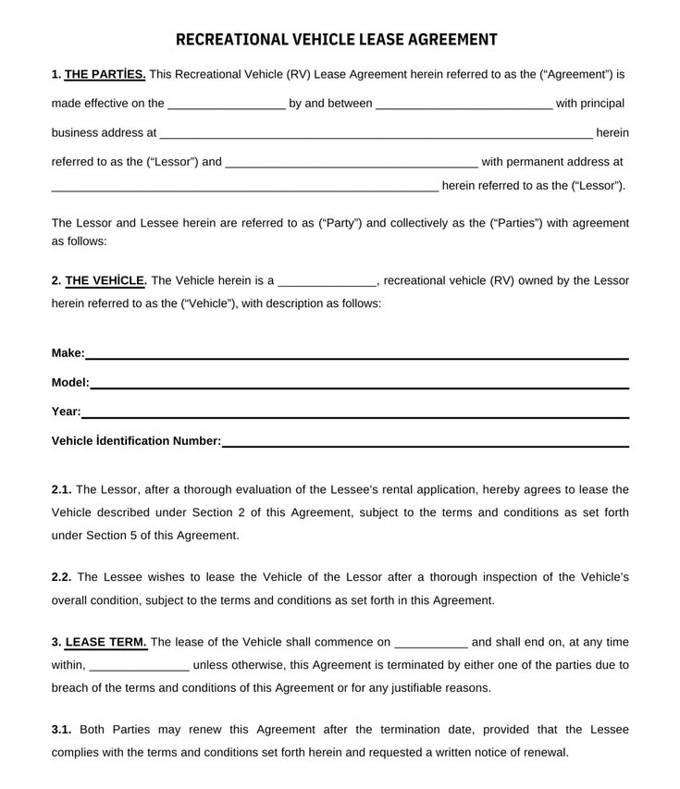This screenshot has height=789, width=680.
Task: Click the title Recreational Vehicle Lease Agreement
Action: point(337,40)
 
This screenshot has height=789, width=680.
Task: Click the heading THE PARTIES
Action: point(117,74)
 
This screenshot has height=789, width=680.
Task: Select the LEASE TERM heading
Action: point(105,642)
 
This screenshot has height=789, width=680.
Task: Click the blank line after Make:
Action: point(357,355)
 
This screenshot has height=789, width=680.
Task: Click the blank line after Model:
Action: point(359,385)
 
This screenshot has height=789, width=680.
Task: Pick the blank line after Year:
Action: point(355,414)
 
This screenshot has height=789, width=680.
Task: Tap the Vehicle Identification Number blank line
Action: point(426,444)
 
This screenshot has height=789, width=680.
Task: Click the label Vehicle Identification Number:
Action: point(136,441)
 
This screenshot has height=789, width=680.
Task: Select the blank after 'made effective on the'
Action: point(227,105)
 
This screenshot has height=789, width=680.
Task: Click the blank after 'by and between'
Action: point(464,105)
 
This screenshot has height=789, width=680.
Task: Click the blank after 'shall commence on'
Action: point(431,643)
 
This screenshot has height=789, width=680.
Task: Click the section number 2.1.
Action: point(61,489)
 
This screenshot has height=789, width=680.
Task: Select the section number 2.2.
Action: point(61,576)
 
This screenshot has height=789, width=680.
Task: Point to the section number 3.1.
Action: point(61,729)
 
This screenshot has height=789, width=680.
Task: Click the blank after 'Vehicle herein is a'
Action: point(328,281)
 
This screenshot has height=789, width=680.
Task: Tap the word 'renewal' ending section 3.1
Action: point(546,752)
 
